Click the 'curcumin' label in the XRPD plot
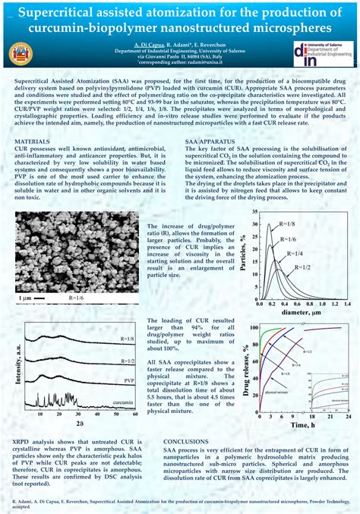pos(123,402)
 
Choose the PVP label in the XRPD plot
pos(128,378)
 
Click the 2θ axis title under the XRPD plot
pos(78,424)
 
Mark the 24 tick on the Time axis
pos(348,418)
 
